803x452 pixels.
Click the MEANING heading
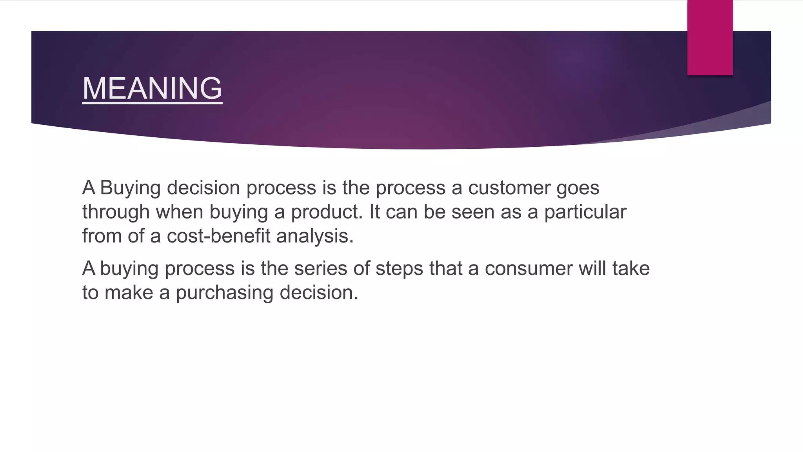click(152, 88)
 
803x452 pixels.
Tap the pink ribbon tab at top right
click(710, 38)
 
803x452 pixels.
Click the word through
click(116, 212)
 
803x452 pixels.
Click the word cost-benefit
click(218, 236)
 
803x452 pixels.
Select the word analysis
click(314, 236)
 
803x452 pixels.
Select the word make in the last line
click(129, 293)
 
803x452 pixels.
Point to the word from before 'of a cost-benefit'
click(102, 236)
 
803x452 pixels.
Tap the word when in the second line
click(179, 212)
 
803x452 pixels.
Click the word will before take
click(592, 269)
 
